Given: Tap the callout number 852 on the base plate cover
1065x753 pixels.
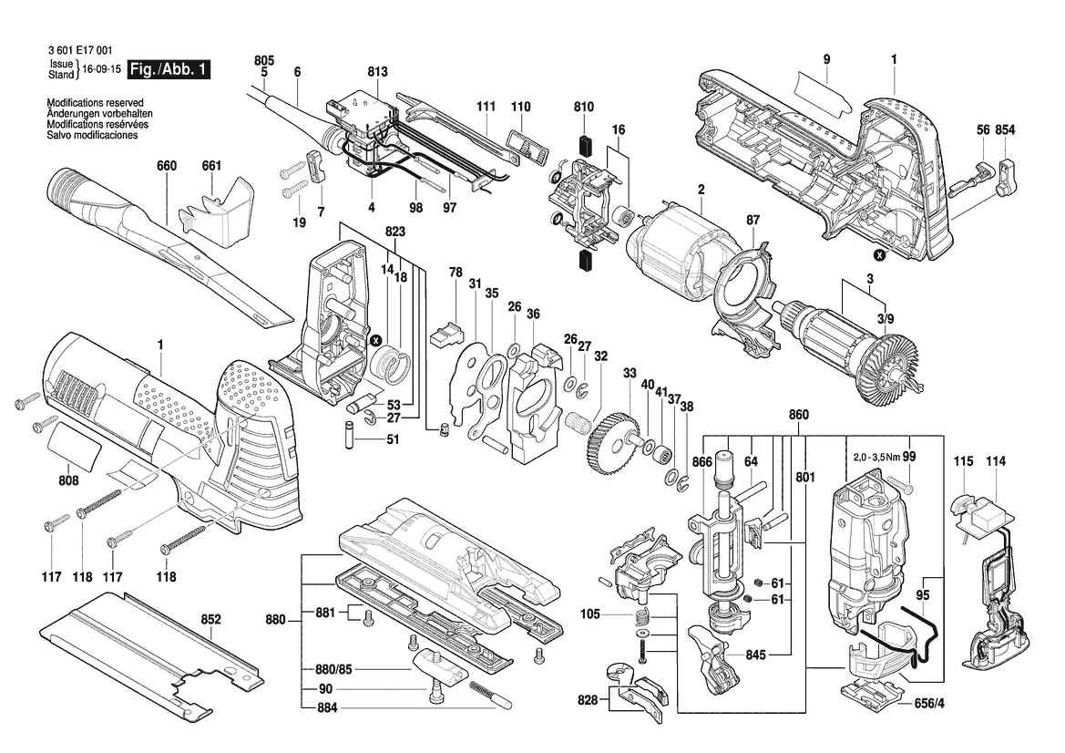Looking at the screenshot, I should tap(210, 620).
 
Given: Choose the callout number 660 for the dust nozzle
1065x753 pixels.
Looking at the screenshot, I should tap(167, 166).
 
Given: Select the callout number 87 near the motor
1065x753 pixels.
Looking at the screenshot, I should tap(753, 221).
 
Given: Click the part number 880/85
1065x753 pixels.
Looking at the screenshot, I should tap(332, 669).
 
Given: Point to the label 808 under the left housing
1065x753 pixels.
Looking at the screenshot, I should tap(68, 480).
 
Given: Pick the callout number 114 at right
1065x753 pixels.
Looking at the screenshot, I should tap(996, 462).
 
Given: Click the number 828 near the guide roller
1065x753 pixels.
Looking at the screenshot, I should tap(588, 700).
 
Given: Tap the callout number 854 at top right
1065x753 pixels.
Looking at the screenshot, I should tap(1006, 131).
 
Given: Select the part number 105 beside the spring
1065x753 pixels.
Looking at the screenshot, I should tap(589, 614).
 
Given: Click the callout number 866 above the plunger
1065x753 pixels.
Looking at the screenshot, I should tap(701, 462).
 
